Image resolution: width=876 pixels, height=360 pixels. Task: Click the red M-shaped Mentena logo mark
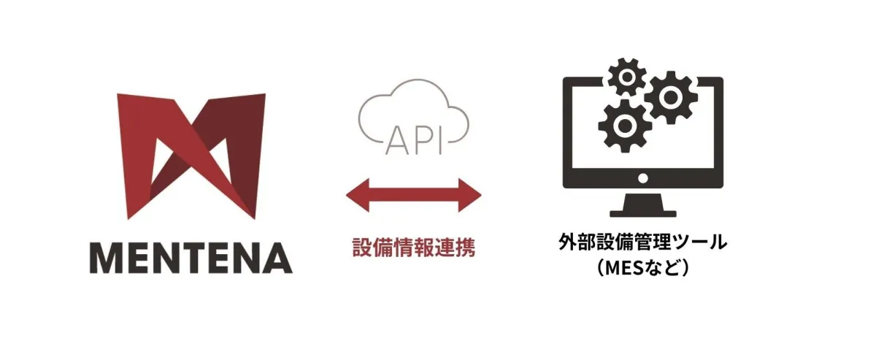191,156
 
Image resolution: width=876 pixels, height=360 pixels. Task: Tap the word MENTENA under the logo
191,258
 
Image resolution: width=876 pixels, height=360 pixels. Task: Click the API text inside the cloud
415,140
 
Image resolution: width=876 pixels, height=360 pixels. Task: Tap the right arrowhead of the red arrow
470,195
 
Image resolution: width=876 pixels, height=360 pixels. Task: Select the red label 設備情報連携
414,247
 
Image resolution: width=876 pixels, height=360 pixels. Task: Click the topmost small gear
627,77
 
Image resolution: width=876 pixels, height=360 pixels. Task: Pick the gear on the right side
671,97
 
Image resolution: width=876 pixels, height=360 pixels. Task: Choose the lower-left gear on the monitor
625,126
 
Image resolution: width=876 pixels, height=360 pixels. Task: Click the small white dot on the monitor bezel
643,179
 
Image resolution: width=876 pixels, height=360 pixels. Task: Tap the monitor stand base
643,214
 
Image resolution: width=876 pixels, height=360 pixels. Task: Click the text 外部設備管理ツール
643,242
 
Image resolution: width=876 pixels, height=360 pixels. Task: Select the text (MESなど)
643,268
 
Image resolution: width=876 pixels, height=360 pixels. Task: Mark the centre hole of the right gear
671,97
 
